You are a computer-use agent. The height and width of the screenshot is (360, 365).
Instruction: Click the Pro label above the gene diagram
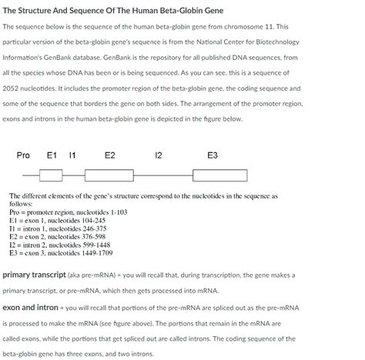pos(23,156)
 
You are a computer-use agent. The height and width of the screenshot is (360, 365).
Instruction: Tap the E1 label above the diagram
pos(52,156)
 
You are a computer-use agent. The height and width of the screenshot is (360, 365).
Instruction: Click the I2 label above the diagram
pos(159,156)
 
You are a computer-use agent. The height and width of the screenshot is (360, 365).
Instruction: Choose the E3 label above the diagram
pos(213,156)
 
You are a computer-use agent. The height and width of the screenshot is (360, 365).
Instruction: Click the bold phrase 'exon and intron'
pos(31,308)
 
